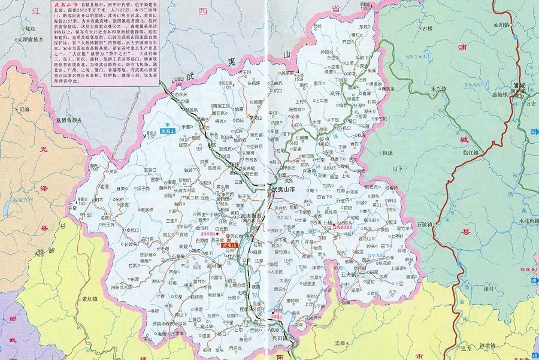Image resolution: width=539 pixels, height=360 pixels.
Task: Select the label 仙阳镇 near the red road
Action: coord(503,26)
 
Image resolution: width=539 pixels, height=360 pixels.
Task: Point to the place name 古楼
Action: coord(427,28)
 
